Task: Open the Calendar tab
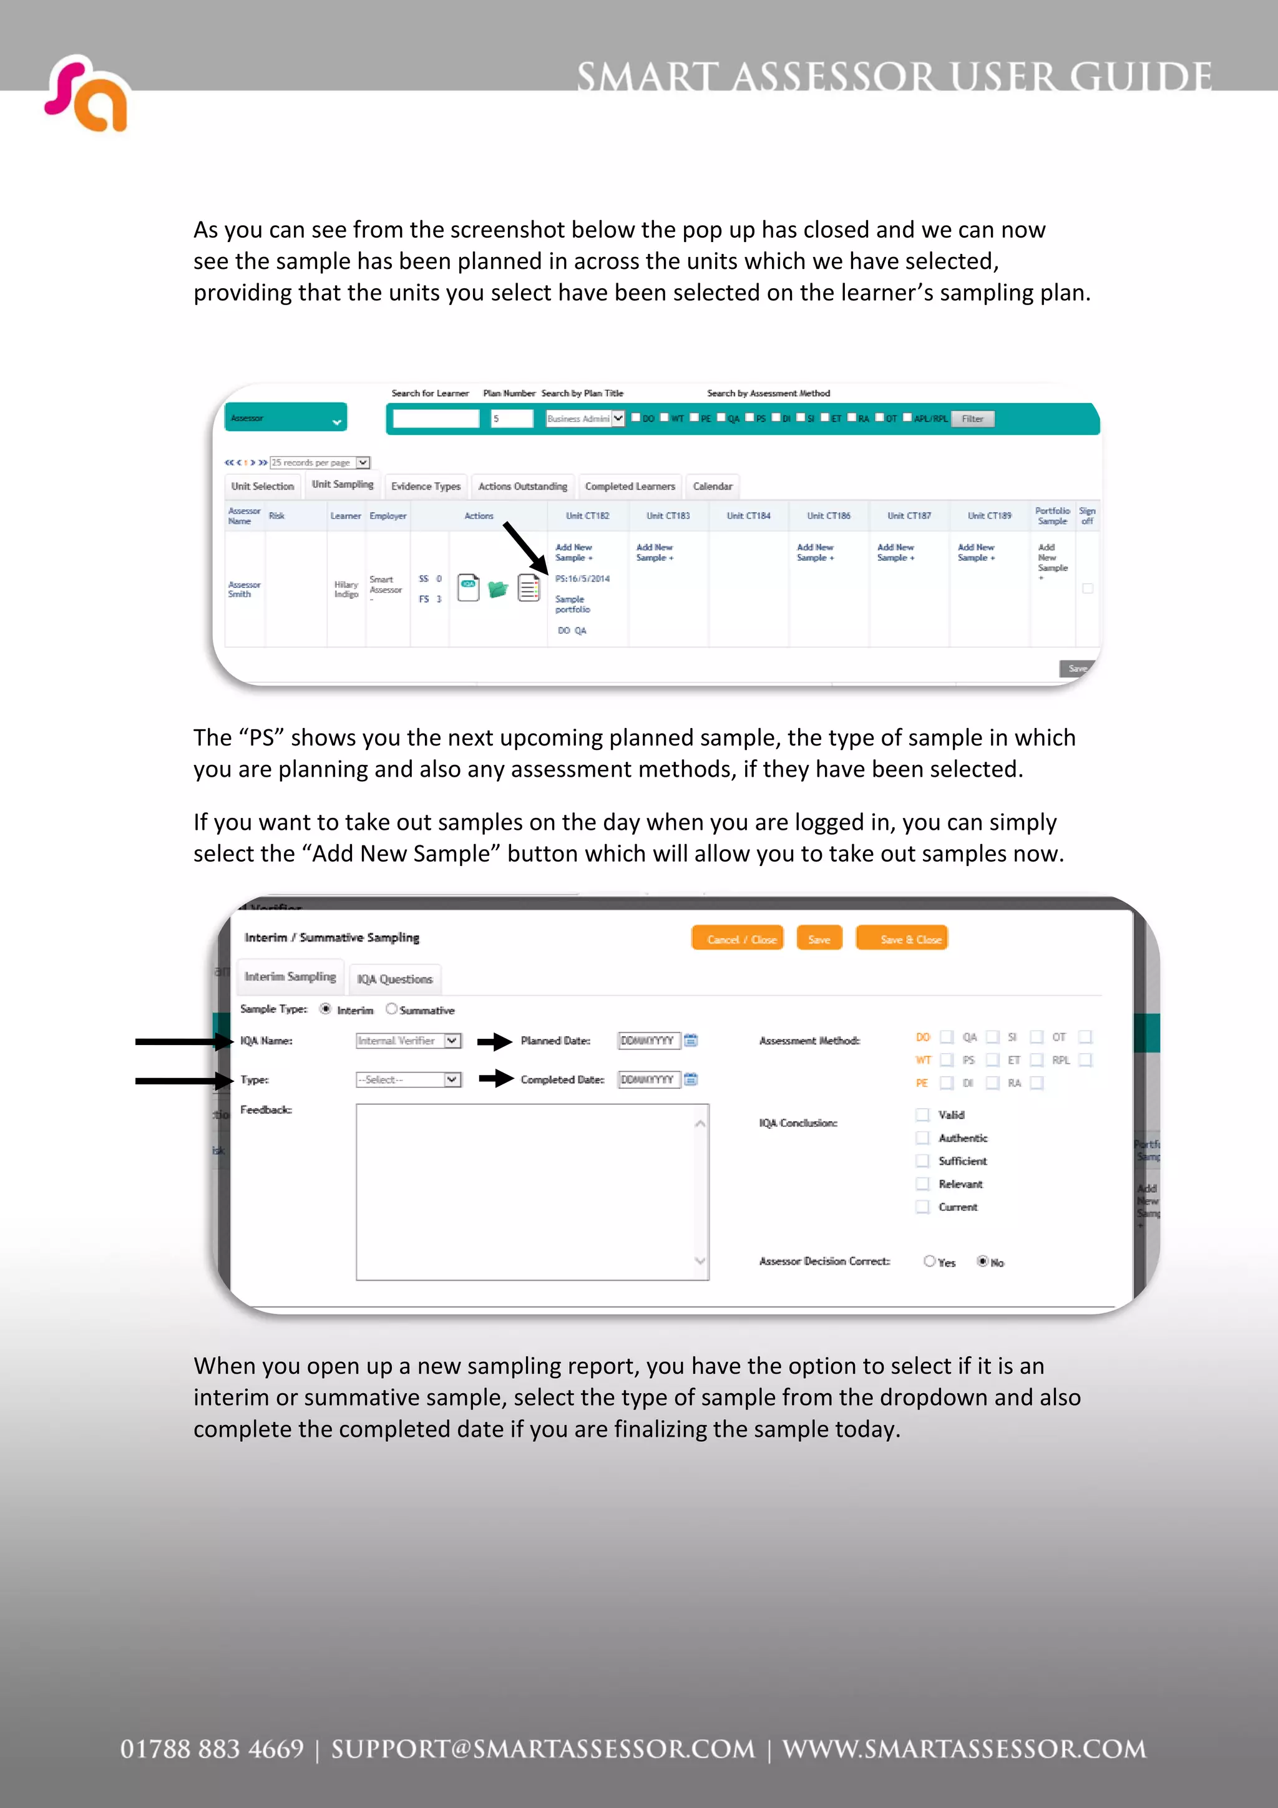[x=713, y=487]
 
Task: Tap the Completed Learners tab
[x=630, y=487]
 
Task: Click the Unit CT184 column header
[x=748, y=516]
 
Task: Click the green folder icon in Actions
[x=497, y=589]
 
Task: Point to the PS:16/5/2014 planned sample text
[x=583, y=579]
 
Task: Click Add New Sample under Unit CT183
[x=655, y=552]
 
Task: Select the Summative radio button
[x=391, y=1009]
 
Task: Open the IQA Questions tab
[x=394, y=979]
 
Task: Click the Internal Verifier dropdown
[x=408, y=1040]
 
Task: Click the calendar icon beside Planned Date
[x=691, y=1040]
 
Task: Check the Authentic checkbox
[x=922, y=1138]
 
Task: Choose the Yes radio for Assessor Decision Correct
[x=929, y=1261]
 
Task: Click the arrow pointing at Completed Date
[x=496, y=1078]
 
